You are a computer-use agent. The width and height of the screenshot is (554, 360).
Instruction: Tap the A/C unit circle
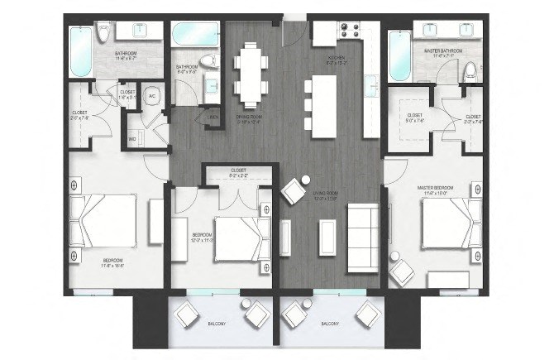(x=153, y=95)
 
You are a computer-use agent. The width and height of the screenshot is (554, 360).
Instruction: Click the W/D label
(x=131, y=138)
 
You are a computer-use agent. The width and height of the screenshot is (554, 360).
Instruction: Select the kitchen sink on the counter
(x=370, y=85)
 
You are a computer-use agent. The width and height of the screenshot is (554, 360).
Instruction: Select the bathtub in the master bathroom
(x=400, y=55)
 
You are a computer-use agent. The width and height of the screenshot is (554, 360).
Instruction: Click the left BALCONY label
(x=217, y=324)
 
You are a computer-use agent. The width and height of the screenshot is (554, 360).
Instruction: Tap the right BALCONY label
(x=329, y=324)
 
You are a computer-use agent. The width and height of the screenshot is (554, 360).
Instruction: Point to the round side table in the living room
(x=305, y=180)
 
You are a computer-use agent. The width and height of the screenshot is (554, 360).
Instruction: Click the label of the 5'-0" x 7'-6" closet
(x=413, y=118)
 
